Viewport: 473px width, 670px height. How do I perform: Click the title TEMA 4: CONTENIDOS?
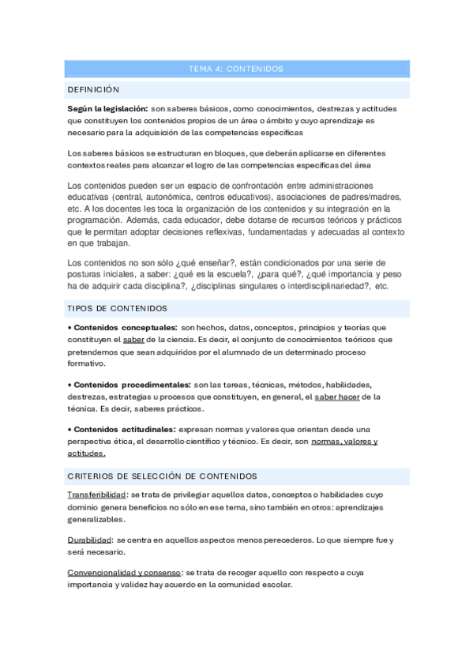point(236,70)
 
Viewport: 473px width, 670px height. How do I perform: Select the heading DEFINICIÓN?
point(93,89)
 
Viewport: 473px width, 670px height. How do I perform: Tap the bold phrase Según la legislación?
point(107,108)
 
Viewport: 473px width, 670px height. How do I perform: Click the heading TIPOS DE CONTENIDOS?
point(117,307)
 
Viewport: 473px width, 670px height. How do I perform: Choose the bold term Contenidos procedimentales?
point(132,385)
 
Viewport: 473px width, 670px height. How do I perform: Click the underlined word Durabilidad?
point(89,540)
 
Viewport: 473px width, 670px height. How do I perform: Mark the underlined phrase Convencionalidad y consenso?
point(125,572)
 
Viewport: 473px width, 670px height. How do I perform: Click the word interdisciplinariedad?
point(323,286)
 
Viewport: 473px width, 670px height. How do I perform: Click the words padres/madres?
point(375,197)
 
